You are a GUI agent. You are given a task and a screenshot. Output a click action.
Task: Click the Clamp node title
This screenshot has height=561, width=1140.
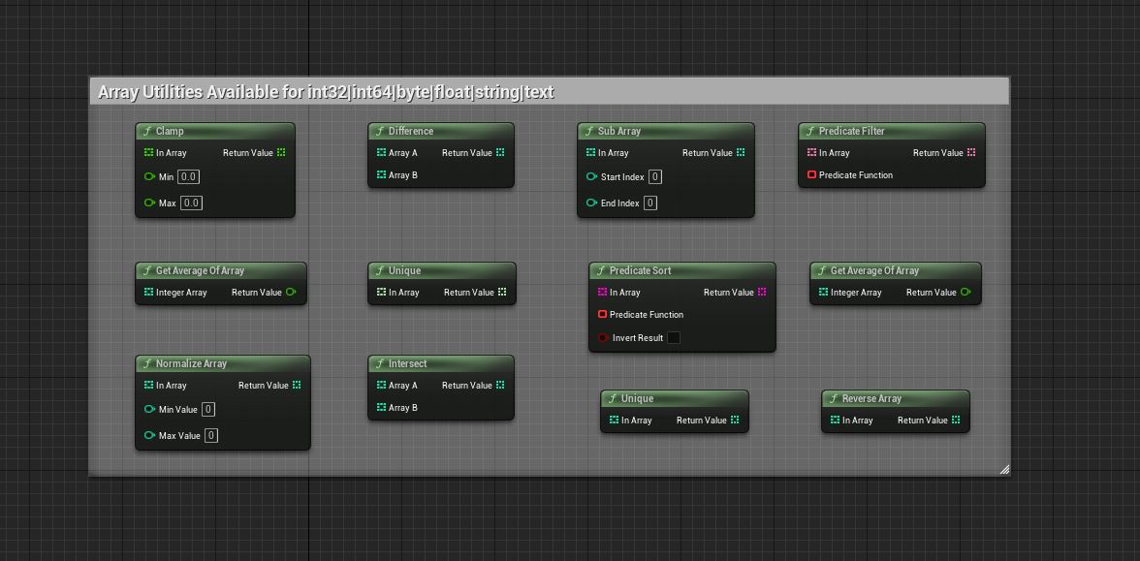tap(170, 132)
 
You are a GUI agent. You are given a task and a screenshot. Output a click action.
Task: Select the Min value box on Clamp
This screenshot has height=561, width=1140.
tap(189, 176)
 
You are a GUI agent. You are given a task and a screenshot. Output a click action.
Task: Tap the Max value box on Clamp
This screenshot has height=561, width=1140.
tap(191, 203)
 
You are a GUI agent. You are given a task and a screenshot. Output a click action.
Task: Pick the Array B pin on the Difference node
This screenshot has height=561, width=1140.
tap(382, 175)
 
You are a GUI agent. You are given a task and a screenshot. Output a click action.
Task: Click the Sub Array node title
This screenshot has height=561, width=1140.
tap(618, 132)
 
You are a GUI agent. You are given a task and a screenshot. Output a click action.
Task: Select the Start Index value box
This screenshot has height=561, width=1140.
tap(655, 176)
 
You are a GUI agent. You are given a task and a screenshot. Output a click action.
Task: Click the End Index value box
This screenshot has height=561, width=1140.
tap(649, 203)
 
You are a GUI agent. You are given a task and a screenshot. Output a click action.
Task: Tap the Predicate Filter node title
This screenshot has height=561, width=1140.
tap(851, 132)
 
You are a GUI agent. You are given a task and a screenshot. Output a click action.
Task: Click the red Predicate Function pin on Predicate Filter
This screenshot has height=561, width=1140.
tap(812, 175)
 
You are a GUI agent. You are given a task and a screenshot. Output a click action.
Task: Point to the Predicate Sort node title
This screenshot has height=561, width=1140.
tap(640, 271)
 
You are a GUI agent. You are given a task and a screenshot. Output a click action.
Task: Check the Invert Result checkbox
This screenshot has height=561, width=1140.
tap(674, 338)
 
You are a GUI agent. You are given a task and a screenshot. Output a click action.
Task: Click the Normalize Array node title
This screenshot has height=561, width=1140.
tap(191, 364)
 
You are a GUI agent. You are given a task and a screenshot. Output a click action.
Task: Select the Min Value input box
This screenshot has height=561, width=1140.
tap(207, 409)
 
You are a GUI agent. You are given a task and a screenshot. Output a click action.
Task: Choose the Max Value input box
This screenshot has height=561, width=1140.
tap(211, 435)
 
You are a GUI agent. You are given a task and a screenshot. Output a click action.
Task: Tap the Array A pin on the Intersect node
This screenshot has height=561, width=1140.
tap(382, 386)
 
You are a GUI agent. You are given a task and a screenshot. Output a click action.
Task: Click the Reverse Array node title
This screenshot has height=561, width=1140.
tap(871, 399)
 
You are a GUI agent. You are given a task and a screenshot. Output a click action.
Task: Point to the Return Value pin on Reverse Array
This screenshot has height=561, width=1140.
tap(956, 421)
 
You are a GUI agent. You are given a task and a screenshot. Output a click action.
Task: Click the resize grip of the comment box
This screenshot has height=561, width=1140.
tap(1004, 469)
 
